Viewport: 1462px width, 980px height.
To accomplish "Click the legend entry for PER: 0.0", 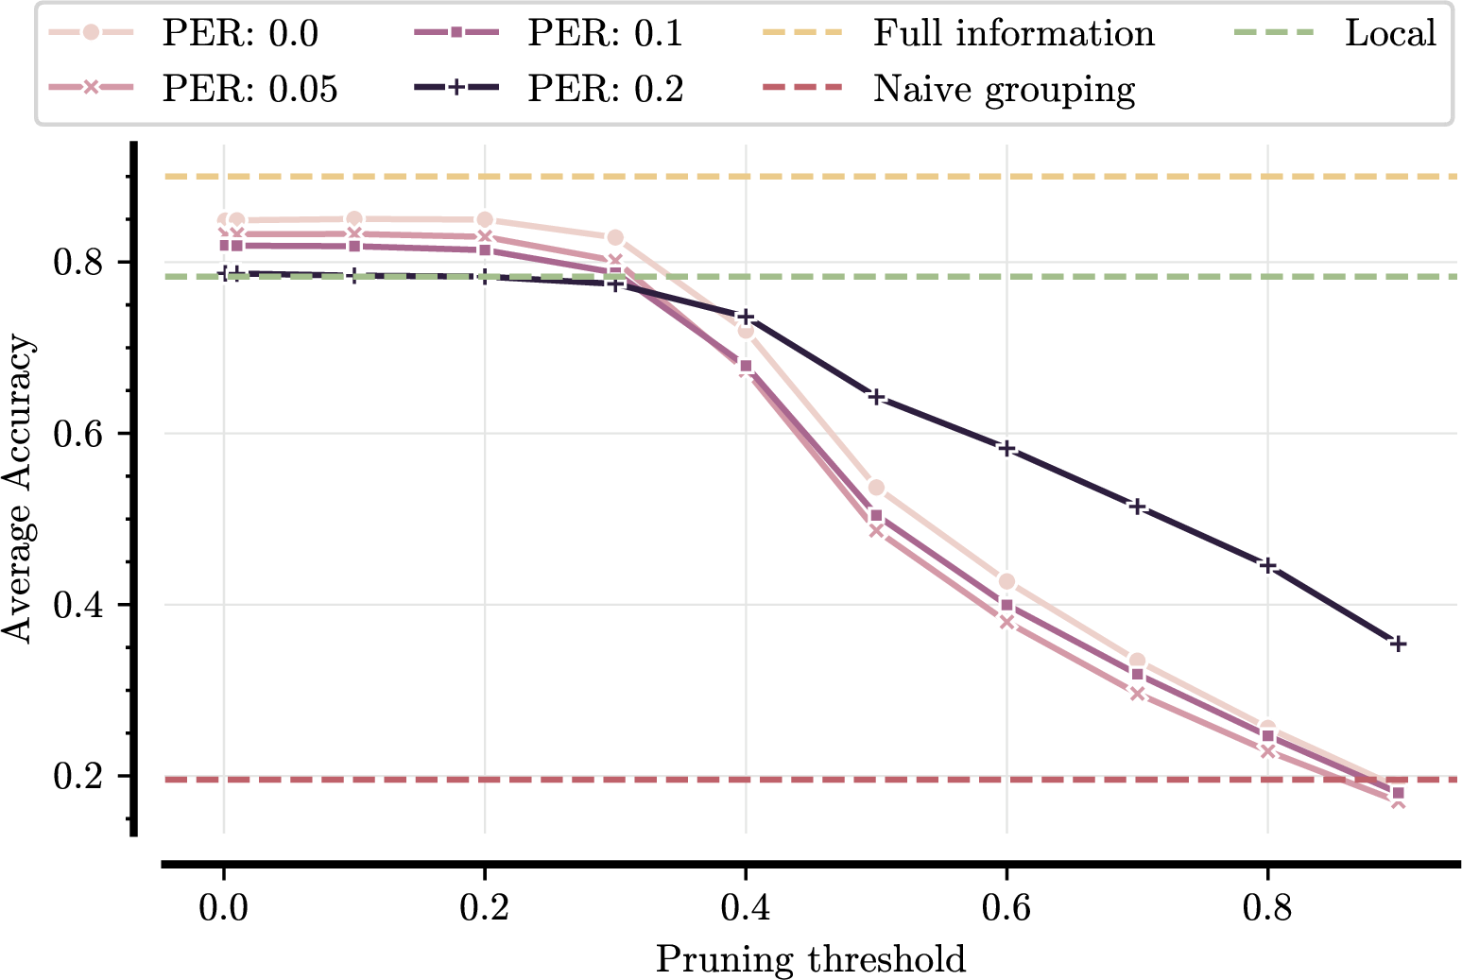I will point(240,34).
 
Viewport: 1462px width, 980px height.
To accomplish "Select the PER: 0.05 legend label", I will point(249,89).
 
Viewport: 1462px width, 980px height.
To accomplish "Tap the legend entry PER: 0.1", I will point(605,34).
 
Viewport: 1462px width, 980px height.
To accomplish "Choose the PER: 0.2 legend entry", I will point(605,89).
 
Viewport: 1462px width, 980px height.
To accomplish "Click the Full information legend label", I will point(1013,34).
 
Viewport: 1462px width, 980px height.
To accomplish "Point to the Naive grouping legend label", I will point(1004,89).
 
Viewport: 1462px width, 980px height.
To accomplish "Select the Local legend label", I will point(1390,34).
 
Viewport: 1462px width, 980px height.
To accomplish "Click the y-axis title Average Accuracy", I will point(18,489).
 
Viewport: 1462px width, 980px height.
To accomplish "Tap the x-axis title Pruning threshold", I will point(811,958).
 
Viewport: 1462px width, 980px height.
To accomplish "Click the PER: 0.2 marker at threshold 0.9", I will point(1398,644).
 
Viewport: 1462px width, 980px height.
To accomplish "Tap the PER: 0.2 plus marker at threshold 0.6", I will point(1006,448).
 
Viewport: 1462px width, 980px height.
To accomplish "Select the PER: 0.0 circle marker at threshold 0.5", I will point(876,488).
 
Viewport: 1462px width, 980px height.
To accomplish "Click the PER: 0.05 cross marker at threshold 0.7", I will point(1137,695).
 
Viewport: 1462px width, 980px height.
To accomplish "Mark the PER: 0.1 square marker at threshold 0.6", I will point(1006,605).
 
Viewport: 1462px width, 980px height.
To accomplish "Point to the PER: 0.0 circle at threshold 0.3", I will point(615,237).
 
